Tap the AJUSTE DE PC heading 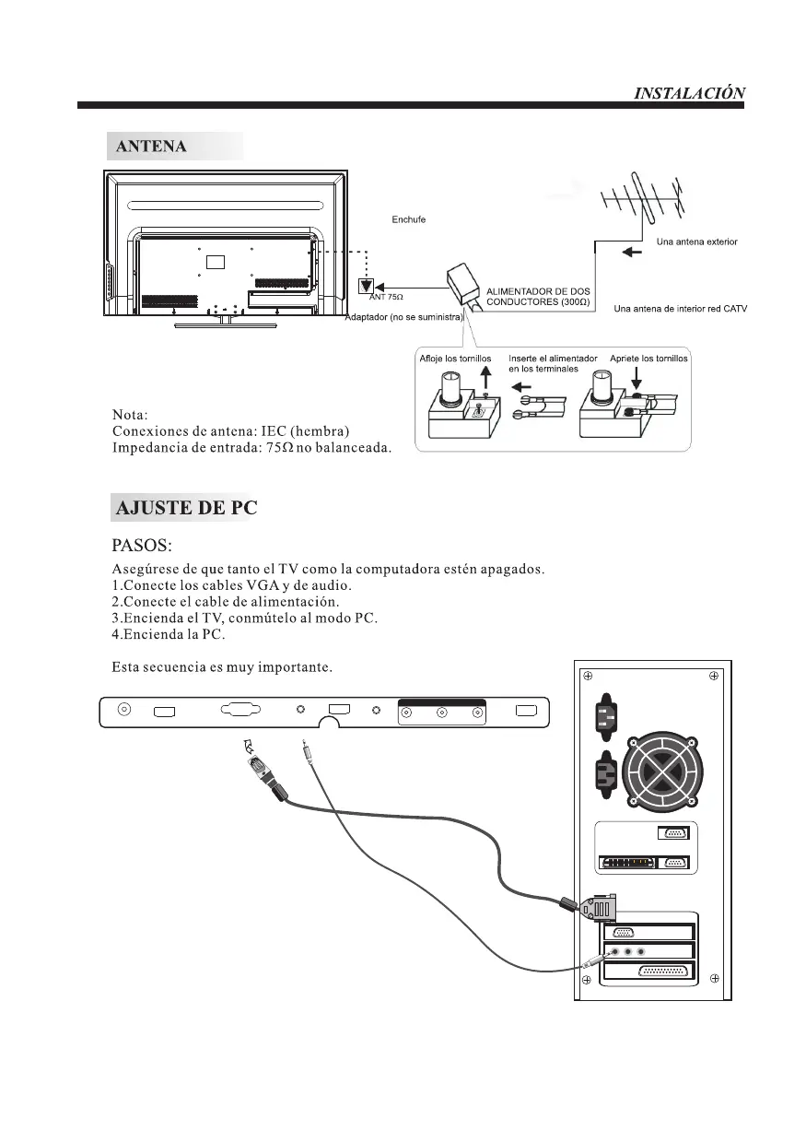184,508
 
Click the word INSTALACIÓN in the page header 690,93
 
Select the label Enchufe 408,219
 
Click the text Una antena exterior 696,242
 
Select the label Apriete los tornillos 648,358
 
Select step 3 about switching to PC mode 244,617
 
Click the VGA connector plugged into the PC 599,909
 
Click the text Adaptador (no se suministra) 403,318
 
